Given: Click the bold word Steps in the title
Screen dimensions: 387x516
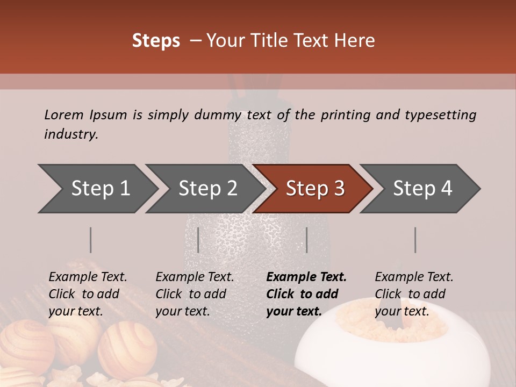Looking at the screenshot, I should (x=156, y=41).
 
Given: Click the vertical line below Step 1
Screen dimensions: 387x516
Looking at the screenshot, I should (x=91, y=240).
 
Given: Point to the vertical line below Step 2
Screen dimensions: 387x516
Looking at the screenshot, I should (x=198, y=240).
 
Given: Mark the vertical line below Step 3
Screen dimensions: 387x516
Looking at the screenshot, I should (x=306, y=240).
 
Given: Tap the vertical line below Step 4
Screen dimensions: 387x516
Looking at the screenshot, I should (x=415, y=240).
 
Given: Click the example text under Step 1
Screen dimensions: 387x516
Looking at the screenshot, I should (x=88, y=294).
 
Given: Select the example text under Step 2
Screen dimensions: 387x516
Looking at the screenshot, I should (x=195, y=294).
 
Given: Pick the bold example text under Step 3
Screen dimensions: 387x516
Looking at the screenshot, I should (x=306, y=294).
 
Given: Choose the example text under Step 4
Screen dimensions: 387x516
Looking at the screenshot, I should (x=414, y=294).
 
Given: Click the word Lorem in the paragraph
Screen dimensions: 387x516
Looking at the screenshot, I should (x=63, y=114).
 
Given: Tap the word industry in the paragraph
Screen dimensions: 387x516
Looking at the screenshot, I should (x=71, y=134).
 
